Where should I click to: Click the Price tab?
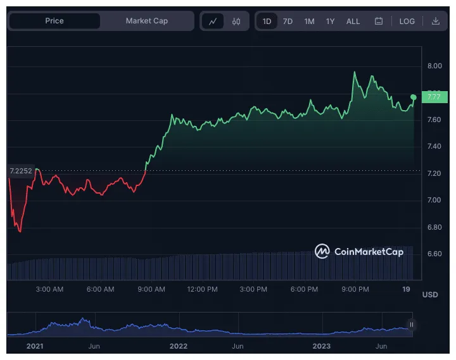[54, 21]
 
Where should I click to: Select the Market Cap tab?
[146, 21]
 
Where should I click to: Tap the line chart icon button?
[213, 21]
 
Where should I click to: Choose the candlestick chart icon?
[236, 21]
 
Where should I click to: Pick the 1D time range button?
[267, 21]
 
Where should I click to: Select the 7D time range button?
[288, 21]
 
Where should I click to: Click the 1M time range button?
[309, 21]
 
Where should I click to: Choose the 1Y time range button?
[330, 21]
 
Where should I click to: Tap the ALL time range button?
[353, 21]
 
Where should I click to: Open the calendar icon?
[379, 21]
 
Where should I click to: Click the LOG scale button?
[407, 21]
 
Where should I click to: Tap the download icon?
[436, 21]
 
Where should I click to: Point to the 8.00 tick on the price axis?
[434, 66]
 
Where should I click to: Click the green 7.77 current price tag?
[435, 97]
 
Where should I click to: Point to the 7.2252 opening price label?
[20, 171]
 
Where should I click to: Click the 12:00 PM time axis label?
[203, 289]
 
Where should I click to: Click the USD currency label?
[430, 295]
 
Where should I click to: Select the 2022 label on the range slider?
[179, 346]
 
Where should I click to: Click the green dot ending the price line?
[414, 97]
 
